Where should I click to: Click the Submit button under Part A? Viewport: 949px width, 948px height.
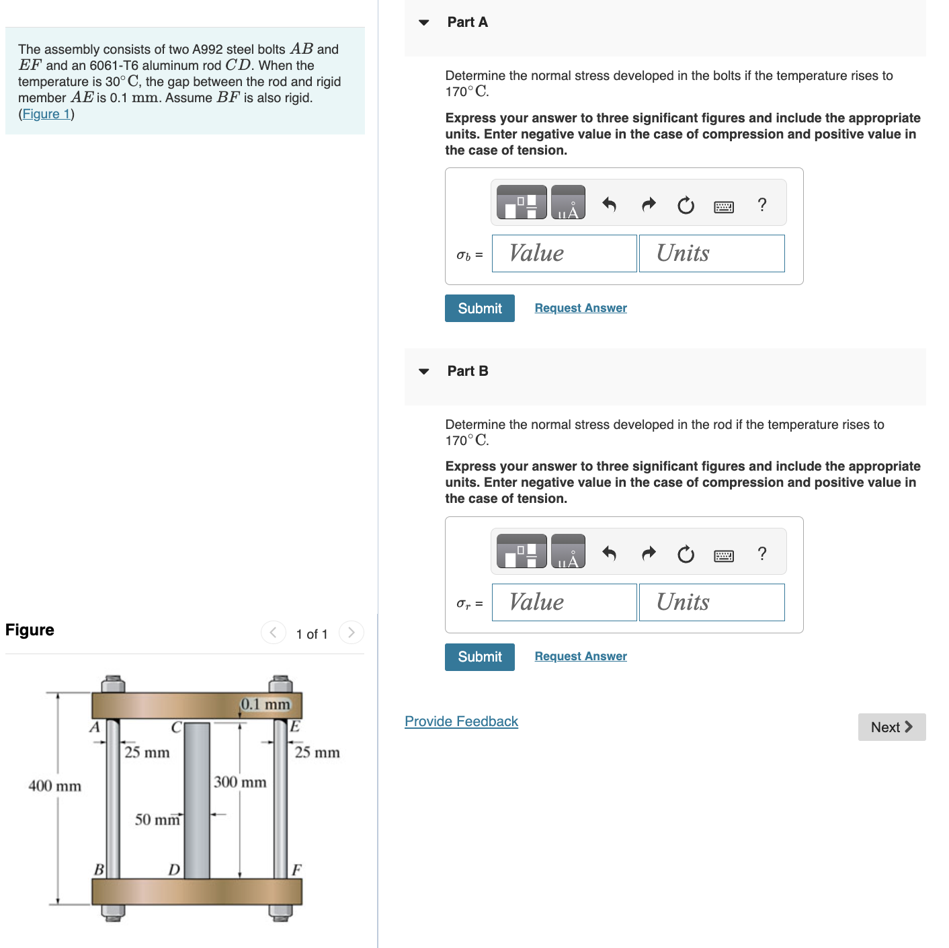479,308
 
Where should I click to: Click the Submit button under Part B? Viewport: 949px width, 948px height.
479,657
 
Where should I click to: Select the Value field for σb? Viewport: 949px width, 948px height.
564,253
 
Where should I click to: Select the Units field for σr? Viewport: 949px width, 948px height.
711,602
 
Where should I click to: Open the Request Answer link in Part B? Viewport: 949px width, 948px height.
581,656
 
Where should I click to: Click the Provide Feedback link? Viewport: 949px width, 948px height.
461,721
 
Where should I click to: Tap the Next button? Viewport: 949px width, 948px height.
891,727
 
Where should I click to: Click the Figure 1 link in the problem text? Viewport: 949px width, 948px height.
46,114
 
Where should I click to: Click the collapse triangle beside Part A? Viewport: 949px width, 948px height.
423,22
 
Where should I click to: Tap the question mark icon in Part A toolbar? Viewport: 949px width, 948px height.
761,204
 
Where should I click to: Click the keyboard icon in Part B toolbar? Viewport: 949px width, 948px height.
723,555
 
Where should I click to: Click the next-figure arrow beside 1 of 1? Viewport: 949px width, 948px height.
351,633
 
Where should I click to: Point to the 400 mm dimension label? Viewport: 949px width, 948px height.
54,786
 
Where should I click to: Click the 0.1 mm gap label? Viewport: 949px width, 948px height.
265,704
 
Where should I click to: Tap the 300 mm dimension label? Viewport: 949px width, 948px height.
240,782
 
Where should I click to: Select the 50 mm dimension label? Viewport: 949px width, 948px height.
157,820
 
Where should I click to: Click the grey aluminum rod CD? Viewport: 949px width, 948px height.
197,800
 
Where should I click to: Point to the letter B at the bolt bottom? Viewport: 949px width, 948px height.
98,869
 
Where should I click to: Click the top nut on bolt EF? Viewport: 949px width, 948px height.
280,684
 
